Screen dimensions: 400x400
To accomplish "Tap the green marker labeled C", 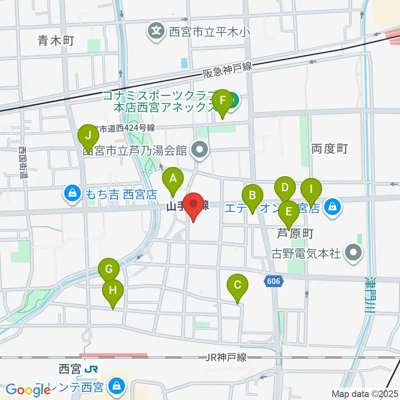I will coord(237,286).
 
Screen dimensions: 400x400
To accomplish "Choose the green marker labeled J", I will coord(87,136).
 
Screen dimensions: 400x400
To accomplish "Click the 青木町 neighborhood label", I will coord(55,40).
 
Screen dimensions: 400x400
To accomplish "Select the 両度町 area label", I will coord(329,148).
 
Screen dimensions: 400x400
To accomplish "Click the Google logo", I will coord(28,390).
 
